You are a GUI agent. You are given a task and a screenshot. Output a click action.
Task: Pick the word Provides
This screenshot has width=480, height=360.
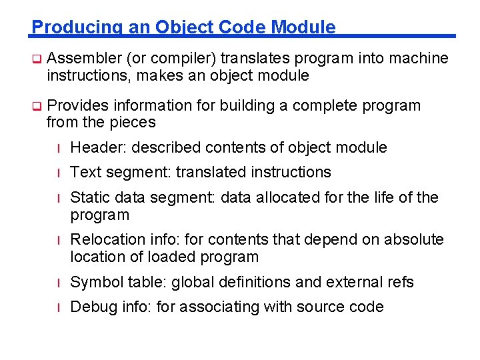[78, 105]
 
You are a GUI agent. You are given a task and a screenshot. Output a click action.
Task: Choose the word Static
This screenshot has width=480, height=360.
[88, 197]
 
